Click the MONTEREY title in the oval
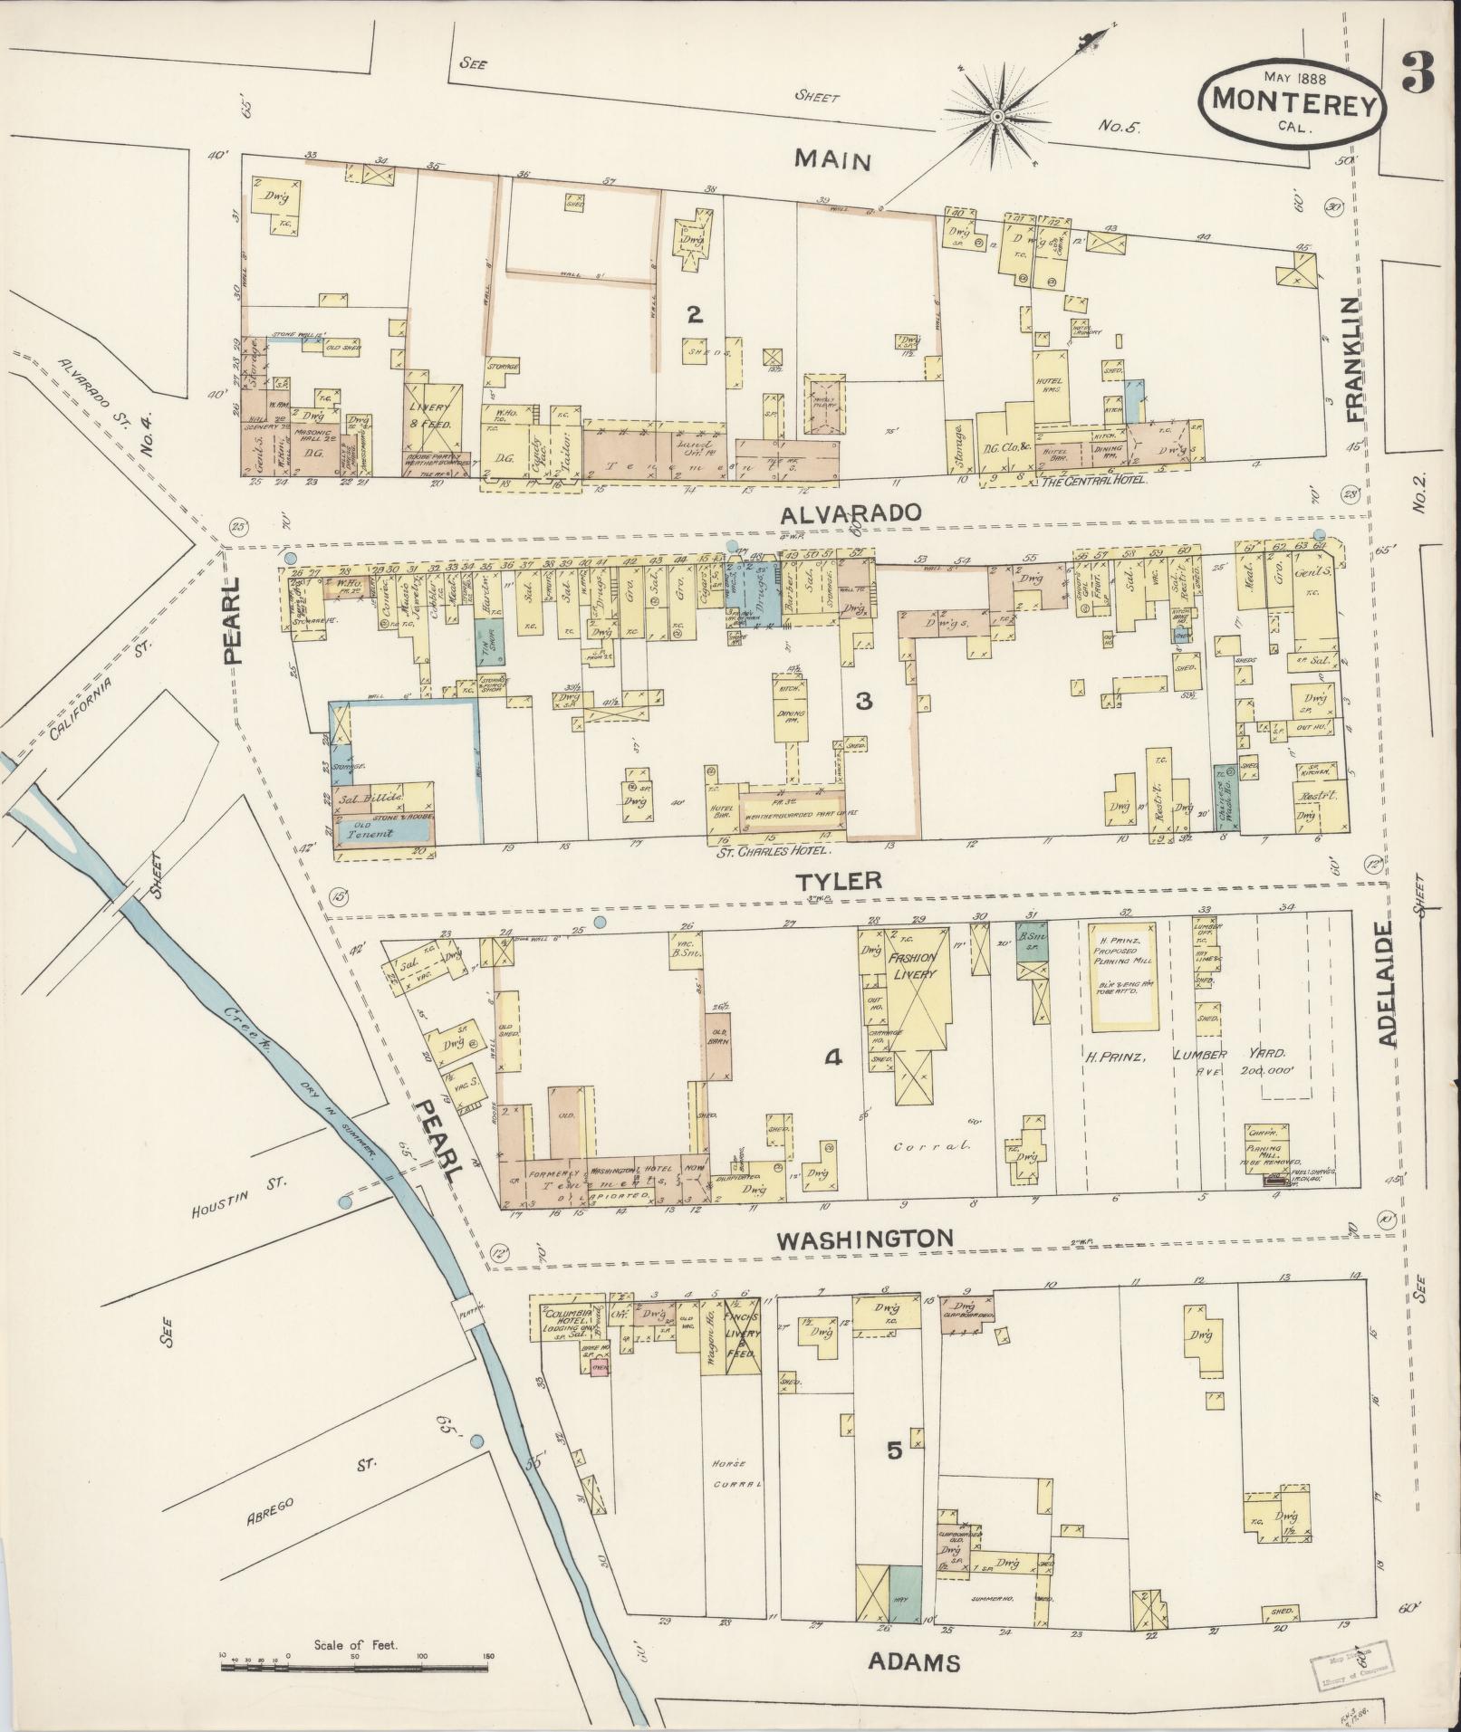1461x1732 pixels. (1294, 100)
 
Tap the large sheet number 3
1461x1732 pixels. (1418, 72)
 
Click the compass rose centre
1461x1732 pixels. (995, 115)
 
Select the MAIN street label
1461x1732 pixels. (832, 160)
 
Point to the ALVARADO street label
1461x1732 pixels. (851, 512)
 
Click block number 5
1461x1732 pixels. (894, 1450)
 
